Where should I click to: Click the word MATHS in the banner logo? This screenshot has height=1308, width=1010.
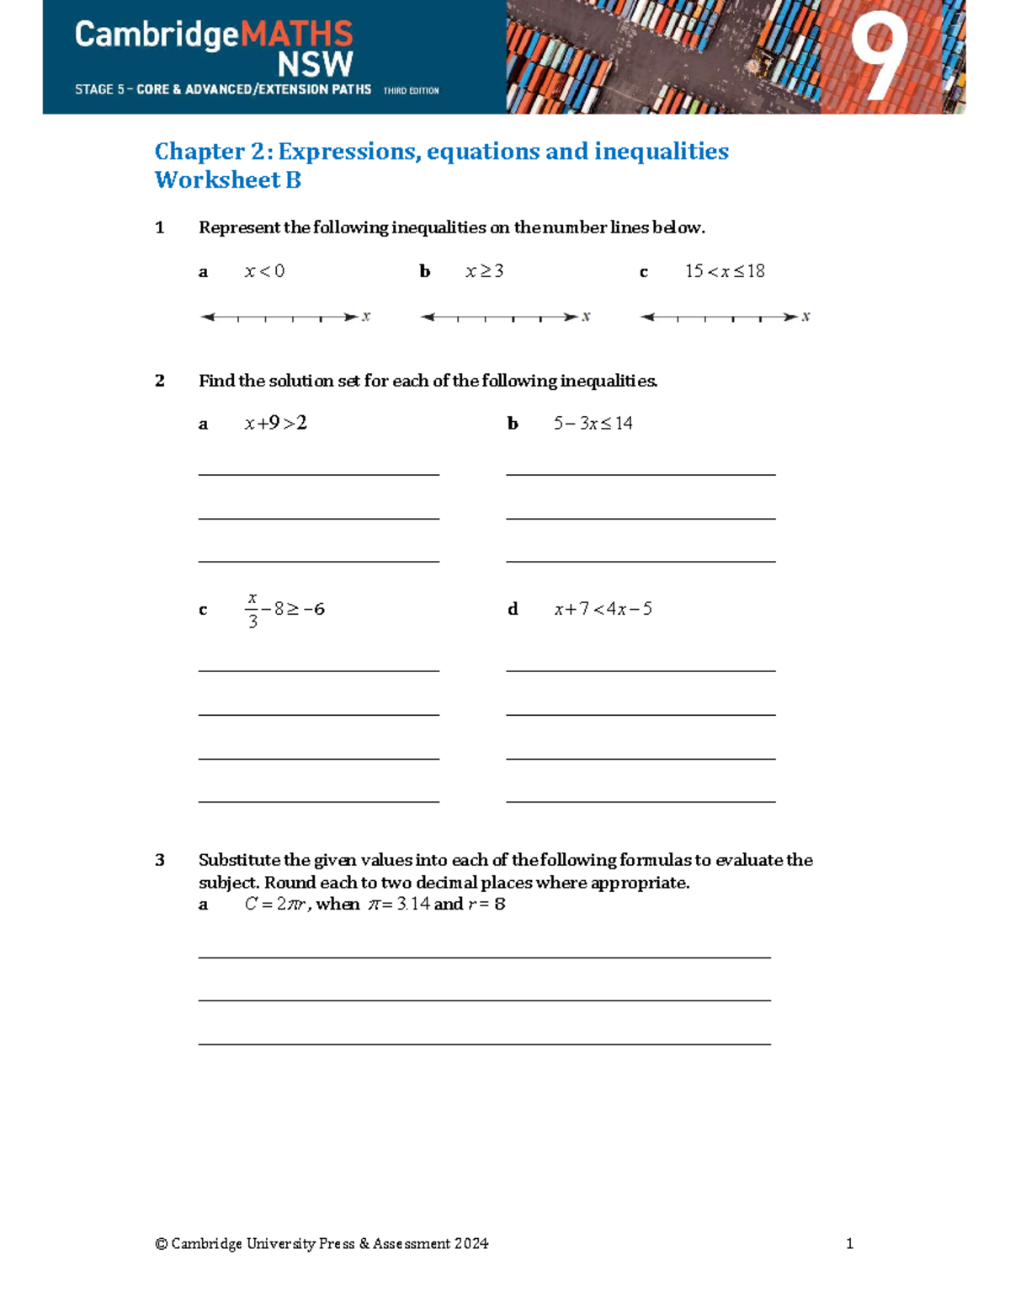point(297,35)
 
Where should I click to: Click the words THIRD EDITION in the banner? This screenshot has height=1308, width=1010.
point(411,90)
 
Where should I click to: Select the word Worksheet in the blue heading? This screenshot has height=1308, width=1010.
point(218,180)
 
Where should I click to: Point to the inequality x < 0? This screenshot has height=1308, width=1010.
point(264,271)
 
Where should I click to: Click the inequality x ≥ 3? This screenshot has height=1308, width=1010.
point(485,271)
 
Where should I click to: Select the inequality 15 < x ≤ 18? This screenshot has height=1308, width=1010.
point(725,271)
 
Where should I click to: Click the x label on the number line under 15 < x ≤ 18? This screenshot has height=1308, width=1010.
point(805,317)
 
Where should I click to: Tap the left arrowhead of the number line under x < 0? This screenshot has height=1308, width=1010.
point(206,318)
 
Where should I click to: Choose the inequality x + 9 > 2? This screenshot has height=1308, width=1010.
point(276,423)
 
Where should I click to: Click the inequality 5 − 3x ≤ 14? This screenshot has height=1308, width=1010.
point(593,423)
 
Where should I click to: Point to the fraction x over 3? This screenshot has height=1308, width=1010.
point(252,610)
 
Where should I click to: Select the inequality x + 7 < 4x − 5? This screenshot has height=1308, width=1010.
point(603,609)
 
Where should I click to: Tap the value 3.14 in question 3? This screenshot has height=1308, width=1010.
point(413,904)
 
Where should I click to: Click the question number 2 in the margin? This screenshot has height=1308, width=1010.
point(160,381)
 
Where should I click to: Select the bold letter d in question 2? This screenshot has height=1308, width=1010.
point(513,609)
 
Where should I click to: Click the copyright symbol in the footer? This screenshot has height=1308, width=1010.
point(161,1244)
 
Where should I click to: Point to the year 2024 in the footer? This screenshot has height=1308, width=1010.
point(471,1244)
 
